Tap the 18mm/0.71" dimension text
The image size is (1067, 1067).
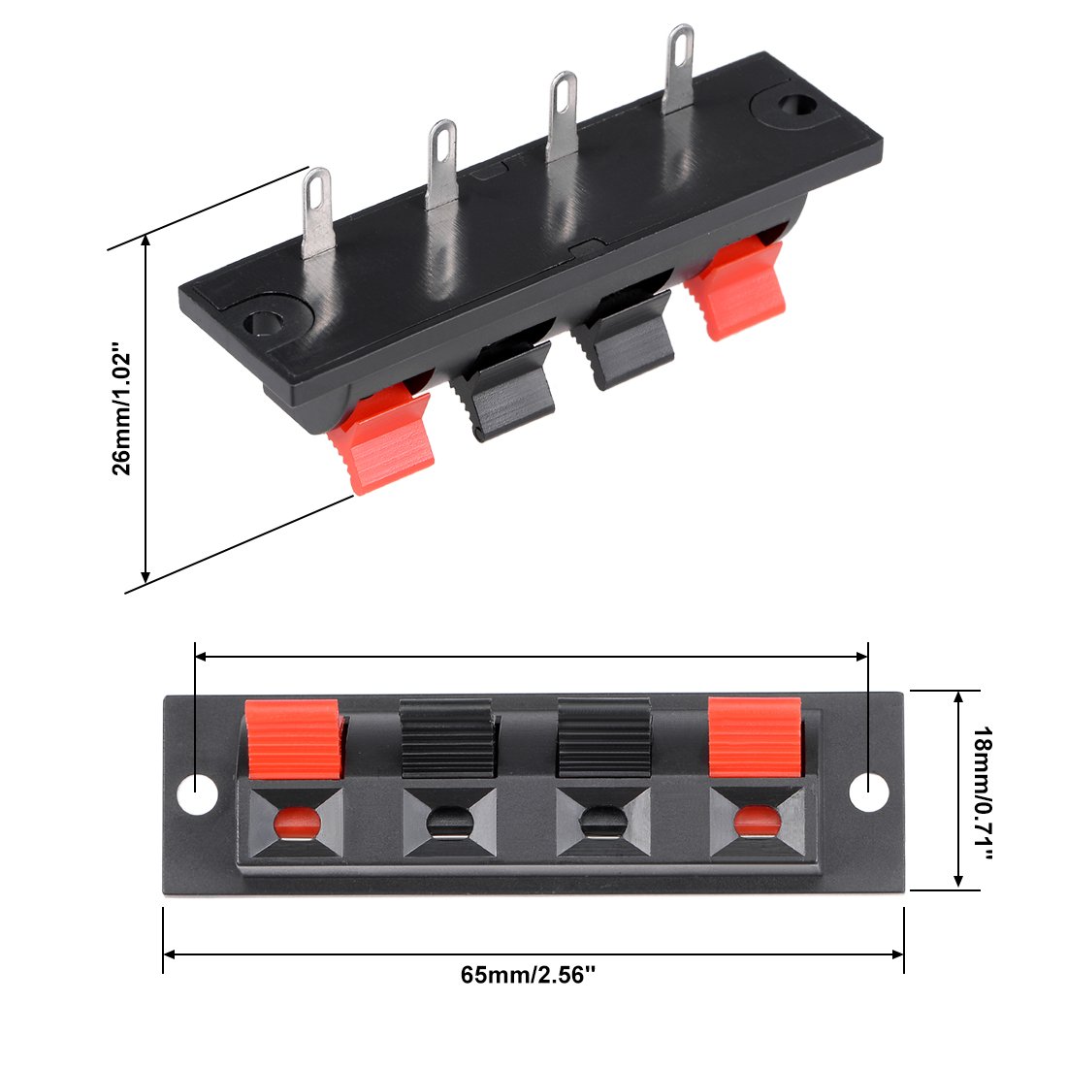point(983,792)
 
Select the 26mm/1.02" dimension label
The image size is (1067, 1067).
point(122,413)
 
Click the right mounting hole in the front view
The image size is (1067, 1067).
point(869,792)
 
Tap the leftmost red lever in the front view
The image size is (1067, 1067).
point(293,738)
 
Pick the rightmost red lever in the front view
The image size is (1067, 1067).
point(756,737)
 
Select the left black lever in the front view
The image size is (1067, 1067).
point(446,738)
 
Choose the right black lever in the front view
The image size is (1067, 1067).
point(604,737)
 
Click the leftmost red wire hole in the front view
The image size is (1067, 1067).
point(297,824)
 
